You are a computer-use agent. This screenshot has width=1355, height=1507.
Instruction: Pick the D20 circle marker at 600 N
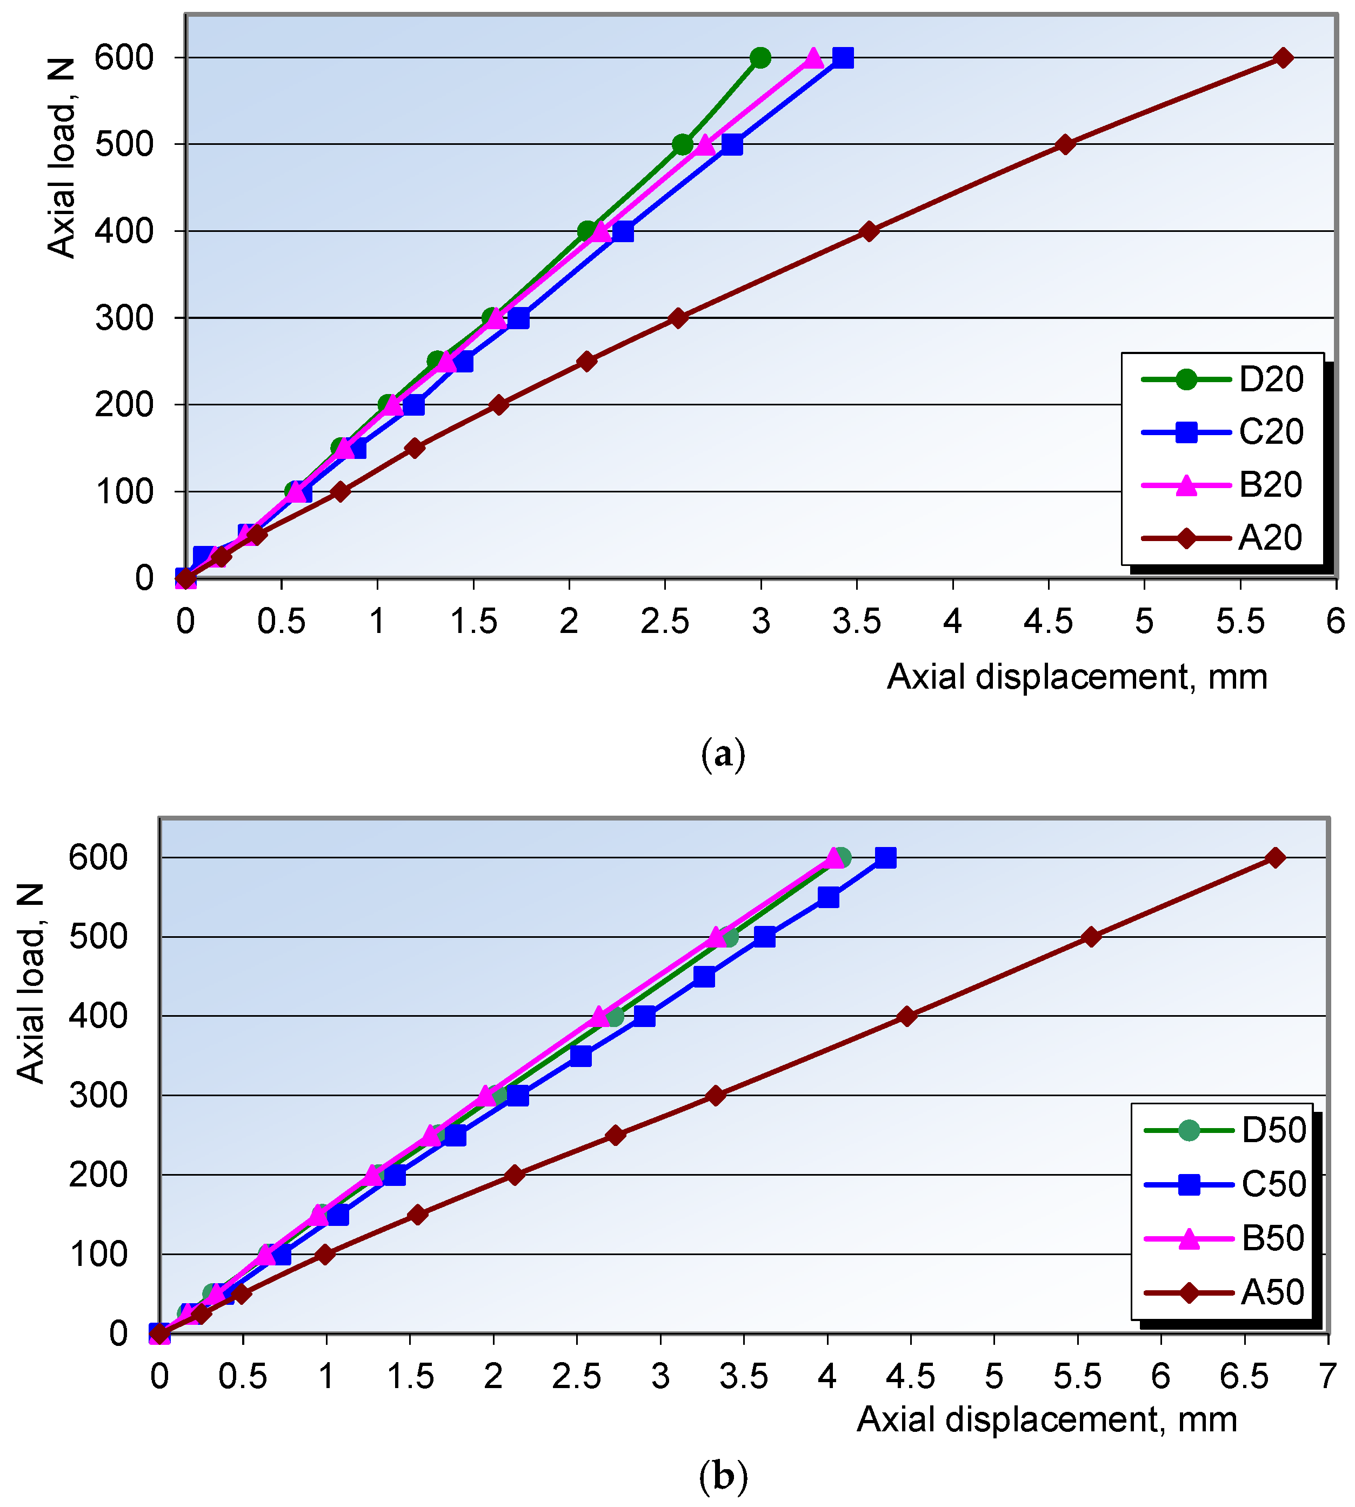pyautogui.click(x=760, y=58)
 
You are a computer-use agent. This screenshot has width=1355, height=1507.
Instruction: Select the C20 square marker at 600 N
pyautogui.click(x=843, y=58)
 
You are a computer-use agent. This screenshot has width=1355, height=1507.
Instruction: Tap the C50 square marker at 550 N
pyautogui.click(x=829, y=898)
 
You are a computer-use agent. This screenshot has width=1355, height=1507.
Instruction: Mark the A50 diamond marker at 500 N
pyautogui.click(x=1091, y=937)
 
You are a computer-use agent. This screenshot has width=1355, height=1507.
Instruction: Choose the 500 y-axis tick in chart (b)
pyautogui.click(x=98, y=937)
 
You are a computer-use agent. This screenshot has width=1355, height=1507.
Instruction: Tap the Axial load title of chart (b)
pyautogui.click(x=31, y=983)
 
